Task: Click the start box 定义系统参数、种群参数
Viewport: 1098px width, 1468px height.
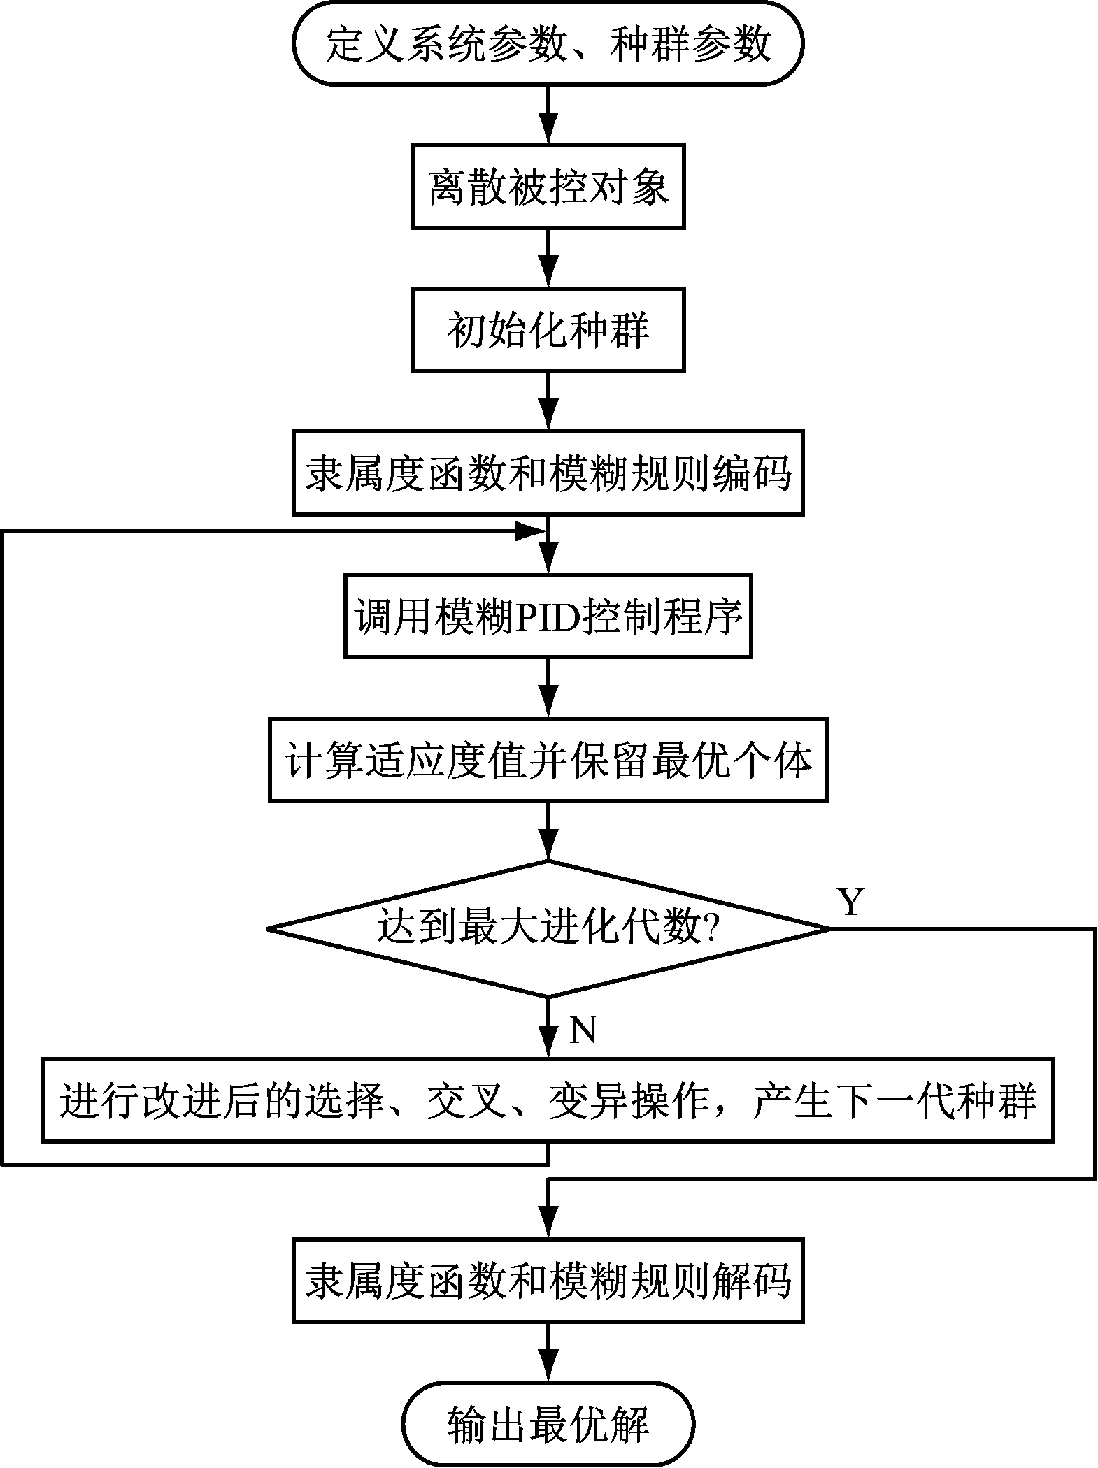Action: (548, 44)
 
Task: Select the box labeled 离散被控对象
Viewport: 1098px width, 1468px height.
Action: (548, 187)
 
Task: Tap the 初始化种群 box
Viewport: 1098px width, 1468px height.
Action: (548, 331)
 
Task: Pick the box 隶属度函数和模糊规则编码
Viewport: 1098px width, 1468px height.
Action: (548, 474)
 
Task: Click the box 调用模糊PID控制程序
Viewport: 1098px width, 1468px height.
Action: (548, 617)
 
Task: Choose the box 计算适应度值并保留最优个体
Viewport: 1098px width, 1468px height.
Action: (548, 760)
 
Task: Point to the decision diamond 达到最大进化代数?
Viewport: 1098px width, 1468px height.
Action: (548, 929)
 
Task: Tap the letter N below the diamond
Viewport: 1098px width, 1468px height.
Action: (583, 1030)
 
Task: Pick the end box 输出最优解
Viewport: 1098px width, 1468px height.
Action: (548, 1424)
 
